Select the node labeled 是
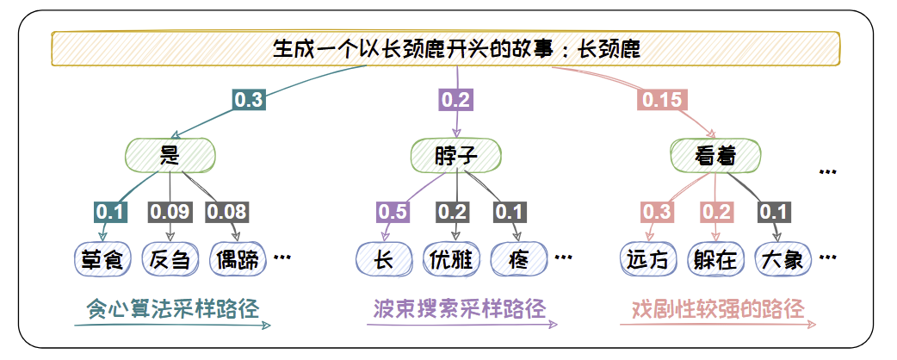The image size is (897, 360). coord(170,155)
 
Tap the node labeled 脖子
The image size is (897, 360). coord(455,155)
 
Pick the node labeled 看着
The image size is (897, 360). coord(715,155)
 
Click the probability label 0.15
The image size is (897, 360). coord(662,100)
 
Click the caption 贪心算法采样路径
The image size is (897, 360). coord(172,308)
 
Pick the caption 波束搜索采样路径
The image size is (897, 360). coord(460,308)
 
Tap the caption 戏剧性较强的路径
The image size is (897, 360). coord(718,308)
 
